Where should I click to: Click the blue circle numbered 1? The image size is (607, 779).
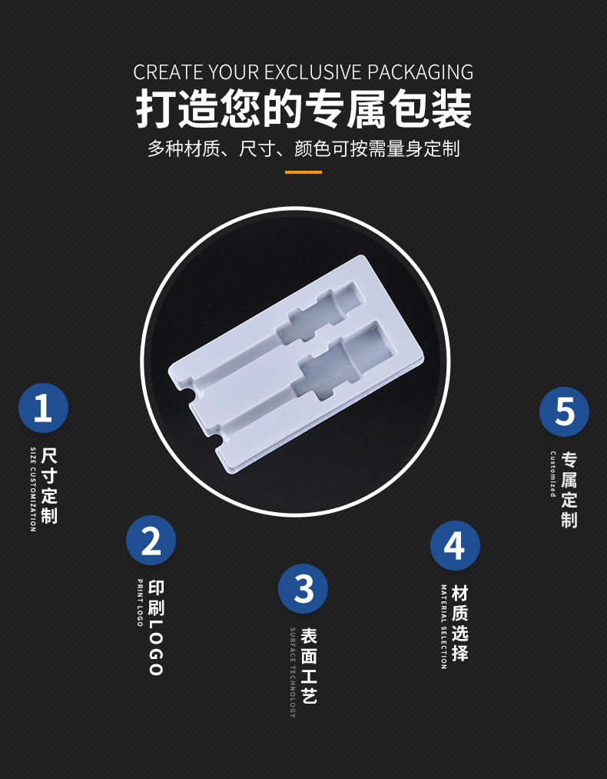tap(43, 408)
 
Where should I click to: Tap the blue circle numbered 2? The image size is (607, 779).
tap(151, 541)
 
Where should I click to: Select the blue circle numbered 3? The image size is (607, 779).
tap(303, 589)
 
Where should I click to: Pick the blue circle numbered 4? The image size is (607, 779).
tap(455, 546)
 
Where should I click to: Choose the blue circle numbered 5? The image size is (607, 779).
tap(564, 411)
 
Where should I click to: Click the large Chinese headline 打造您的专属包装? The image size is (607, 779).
tap(303, 109)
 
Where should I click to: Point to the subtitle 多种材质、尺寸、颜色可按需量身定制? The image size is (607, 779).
tap(303, 148)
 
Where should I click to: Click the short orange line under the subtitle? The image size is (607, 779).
tap(303, 172)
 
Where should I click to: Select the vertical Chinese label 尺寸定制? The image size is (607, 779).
tap(49, 485)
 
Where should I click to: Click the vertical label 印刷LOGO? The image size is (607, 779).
tap(156, 628)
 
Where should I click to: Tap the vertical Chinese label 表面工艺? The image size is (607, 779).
tap(308, 666)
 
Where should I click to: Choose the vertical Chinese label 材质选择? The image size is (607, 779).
tap(459, 623)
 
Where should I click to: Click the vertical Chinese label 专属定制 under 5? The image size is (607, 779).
tap(569, 490)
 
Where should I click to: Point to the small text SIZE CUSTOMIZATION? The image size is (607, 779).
tap(33, 488)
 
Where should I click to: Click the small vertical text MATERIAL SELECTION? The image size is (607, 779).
tap(443, 626)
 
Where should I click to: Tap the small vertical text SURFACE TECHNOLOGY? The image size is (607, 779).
tap(293, 671)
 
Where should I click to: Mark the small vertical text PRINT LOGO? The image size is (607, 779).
tap(140, 603)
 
